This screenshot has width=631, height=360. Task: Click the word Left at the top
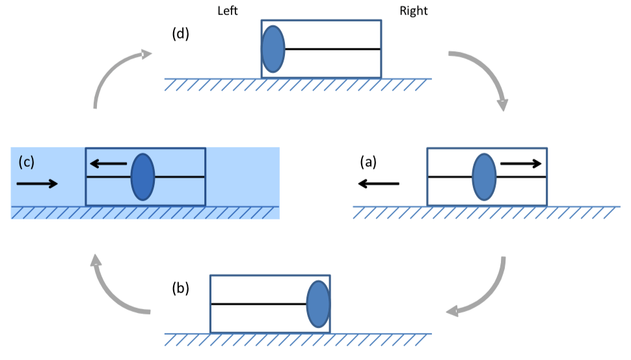[230, 11]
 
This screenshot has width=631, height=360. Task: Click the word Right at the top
[414, 11]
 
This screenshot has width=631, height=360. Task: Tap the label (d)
[180, 34]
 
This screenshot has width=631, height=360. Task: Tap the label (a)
[368, 161]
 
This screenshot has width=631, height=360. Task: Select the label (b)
[180, 287]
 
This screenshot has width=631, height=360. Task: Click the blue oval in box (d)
[273, 49]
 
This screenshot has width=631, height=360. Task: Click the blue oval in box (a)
[484, 176]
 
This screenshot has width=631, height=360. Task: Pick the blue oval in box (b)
[318, 303]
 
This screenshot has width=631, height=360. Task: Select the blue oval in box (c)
[142, 176]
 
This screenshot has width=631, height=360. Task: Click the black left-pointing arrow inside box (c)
[109, 164]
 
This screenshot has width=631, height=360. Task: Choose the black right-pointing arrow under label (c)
[37, 184]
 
